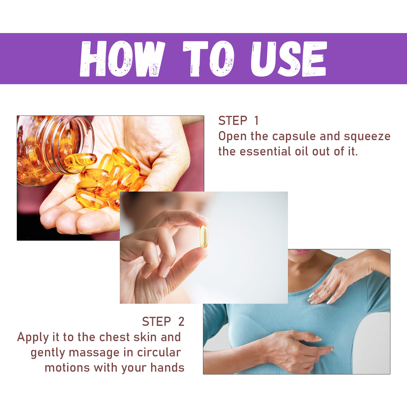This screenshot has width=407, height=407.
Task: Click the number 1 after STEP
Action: tap(256, 121)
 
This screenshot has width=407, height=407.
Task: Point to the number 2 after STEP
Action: tap(181, 322)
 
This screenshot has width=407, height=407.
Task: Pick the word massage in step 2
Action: tap(94, 353)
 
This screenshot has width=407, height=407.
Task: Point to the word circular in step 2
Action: tap(159, 353)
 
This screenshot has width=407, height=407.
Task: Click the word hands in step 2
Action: tap(167, 368)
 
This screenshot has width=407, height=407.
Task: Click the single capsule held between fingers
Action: tap(203, 237)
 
